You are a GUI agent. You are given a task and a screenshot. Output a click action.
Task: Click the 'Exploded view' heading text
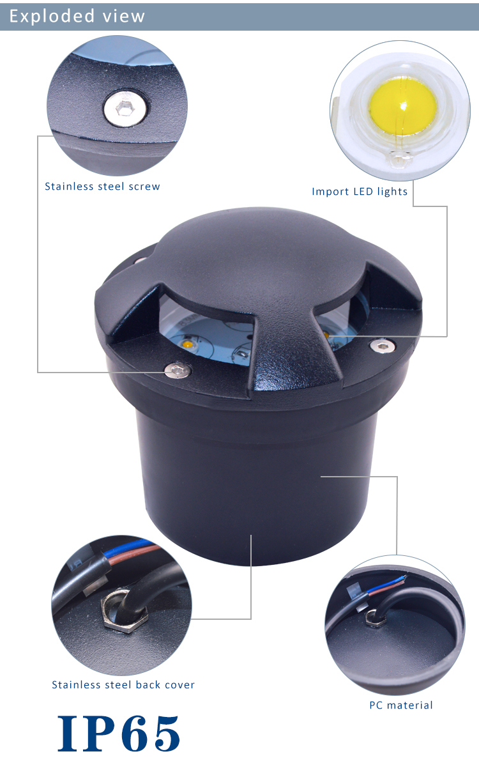pyautogui.click(x=77, y=16)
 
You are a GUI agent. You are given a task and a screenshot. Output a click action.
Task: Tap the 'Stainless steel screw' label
pyautogui.click(x=102, y=187)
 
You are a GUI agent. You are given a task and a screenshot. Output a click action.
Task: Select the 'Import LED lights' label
pyautogui.click(x=360, y=192)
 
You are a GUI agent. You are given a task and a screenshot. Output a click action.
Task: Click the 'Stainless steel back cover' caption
pyautogui.click(x=123, y=684)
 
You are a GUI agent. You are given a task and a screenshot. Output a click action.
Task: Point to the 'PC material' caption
pyautogui.click(x=400, y=705)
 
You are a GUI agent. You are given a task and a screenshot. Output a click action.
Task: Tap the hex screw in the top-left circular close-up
pyautogui.click(x=125, y=109)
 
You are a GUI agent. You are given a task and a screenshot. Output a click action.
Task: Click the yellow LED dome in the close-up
pyautogui.click(x=403, y=106)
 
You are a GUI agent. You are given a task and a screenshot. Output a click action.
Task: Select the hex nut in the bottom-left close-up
pyautogui.click(x=125, y=610)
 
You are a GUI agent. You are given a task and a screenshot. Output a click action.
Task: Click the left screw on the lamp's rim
pyautogui.click(x=178, y=370)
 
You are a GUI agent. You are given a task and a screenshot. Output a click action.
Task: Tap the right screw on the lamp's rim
pyautogui.click(x=383, y=345)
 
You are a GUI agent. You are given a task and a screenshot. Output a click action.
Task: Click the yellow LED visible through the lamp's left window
pyautogui.click(x=188, y=343)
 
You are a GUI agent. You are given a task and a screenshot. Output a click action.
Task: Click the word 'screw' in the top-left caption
pyautogui.click(x=144, y=187)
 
